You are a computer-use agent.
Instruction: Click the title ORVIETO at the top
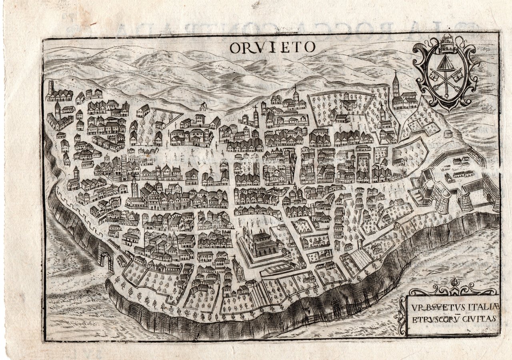(272, 47)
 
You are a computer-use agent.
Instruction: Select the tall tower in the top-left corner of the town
(51, 88)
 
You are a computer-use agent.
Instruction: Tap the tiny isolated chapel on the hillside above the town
(204, 107)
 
